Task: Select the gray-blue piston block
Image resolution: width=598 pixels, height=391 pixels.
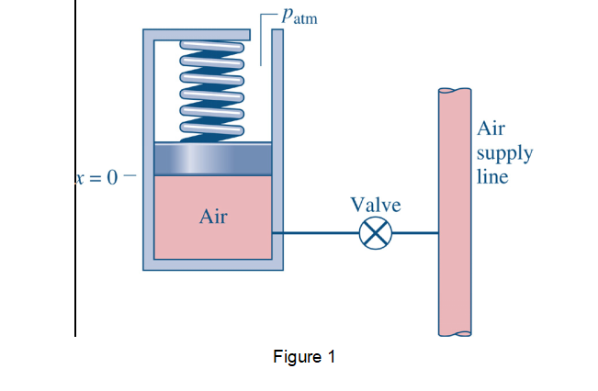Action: [x=212, y=159]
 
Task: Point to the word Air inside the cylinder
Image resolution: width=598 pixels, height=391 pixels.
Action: [x=213, y=218]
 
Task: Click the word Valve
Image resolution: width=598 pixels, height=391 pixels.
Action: [x=375, y=204]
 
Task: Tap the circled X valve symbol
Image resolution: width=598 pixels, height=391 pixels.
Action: [x=375, y=234]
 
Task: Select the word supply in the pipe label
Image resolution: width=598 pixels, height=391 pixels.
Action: [x=504, y=152]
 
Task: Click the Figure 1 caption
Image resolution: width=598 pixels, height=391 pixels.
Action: [x=304, y=357]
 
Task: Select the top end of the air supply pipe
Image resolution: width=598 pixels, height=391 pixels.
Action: [x=456, y=92]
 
